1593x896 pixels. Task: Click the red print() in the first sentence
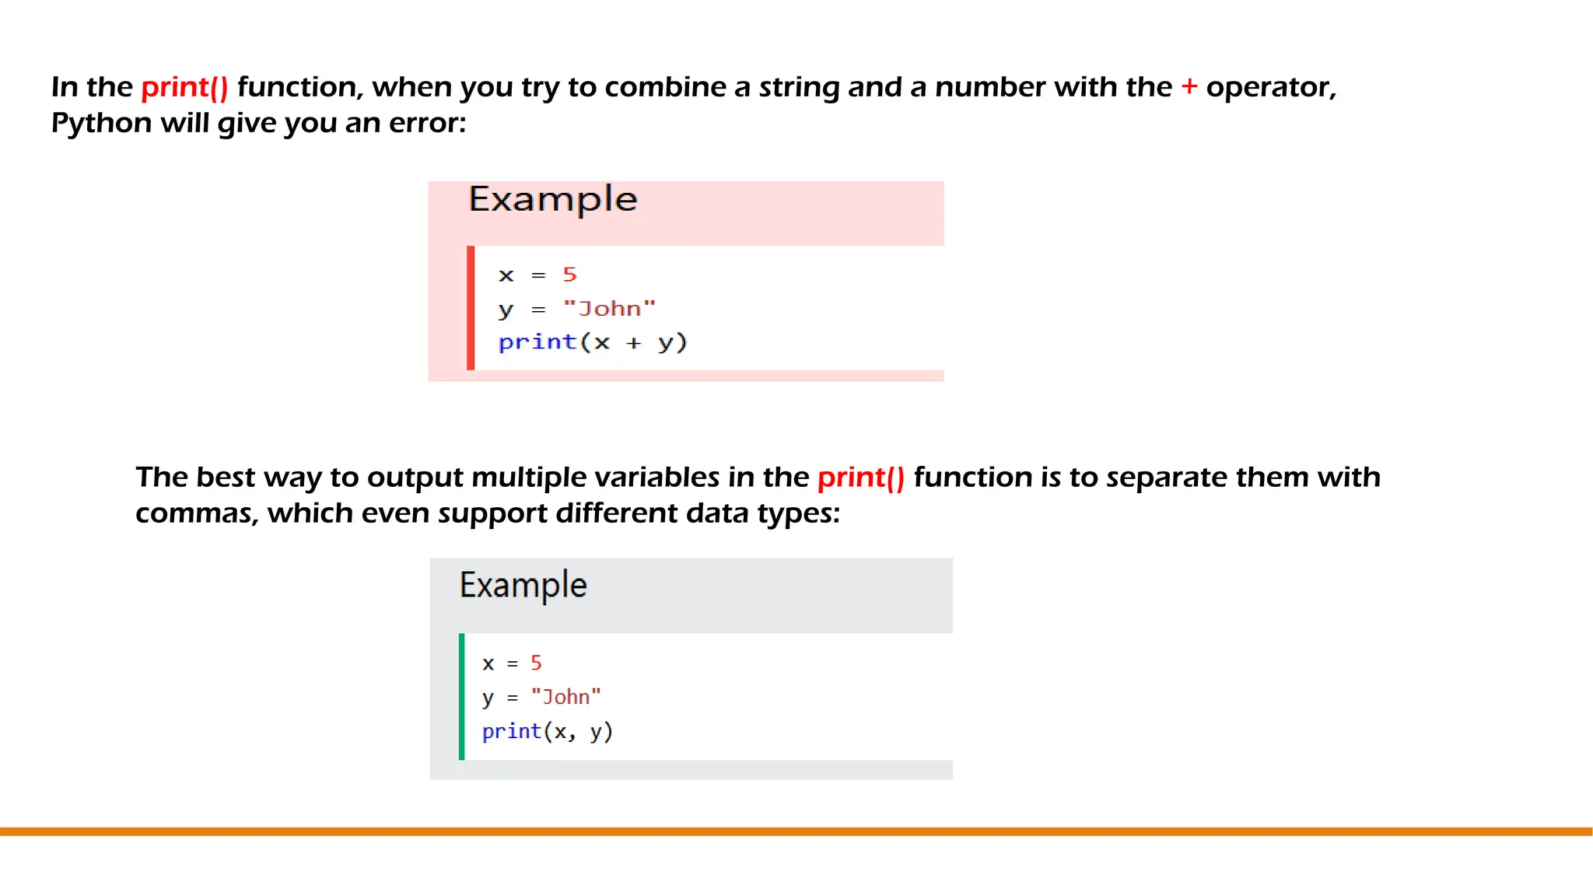pyautogui.click(x=184, y=87)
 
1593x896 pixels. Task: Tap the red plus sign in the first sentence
pyautogui.click(x=1189, y=86)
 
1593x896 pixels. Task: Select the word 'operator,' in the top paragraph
pyautogui.click(x=1271, y=87)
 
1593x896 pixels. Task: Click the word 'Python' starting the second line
pyautogui.click(x=101, y=123)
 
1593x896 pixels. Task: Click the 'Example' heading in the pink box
pyautogui.click(x=553, y=199)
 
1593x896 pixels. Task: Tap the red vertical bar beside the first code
pyautogui.click(x=471, y=308)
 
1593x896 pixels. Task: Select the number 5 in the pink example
pyautogui.click(x=569, y=275)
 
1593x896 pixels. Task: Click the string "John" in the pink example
pyautogui.click(x=609, y=309)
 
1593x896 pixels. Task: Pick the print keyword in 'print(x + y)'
pyautogui.click(x=537, y=342)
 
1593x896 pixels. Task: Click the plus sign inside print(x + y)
pyautogui.click(x=634, y=343)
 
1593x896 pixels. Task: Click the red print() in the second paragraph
pyautogui.click(x=860, y=478)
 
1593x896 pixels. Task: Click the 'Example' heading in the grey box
pyautogui.click(x=523, y=585)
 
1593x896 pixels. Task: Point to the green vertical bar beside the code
pyautogui.click(x=462, y=697)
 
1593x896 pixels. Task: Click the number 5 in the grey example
pyautogui.click(x=536, y=663)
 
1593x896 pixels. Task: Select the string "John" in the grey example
pyautogui.click(x=565, y=697)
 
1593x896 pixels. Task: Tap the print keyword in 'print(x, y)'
pyautogui.click(x=511, y=731)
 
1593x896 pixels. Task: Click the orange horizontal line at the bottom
pyautogui.click(x=796, y=831)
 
